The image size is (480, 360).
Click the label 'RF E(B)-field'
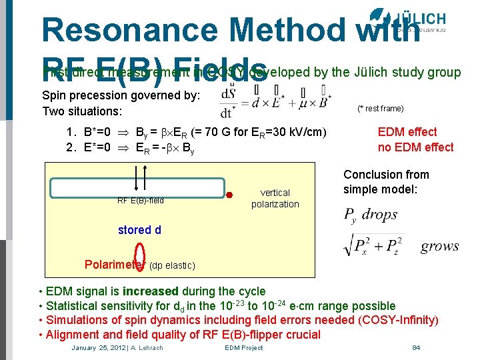tap(141, 200)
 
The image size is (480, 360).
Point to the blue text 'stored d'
tap(139, 230)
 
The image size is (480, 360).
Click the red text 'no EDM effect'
tap(415, 147)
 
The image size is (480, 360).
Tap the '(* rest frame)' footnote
tap(380, 109)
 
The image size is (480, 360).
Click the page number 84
tap(416, 347)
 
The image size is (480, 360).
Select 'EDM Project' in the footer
tap(243, 347)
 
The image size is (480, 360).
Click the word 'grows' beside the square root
tap(439, 246)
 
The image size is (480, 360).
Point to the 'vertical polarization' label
tap(275, 198)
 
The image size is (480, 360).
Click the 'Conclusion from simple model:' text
tap(386, 181)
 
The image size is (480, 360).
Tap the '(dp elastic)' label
tap(172, 266)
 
